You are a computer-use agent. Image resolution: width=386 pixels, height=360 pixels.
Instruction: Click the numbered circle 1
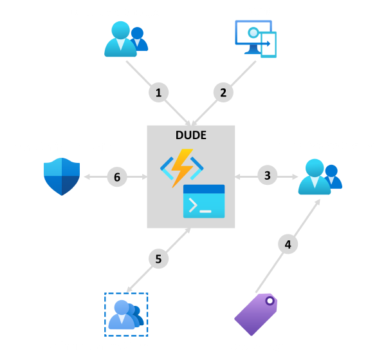[x=158, y=92]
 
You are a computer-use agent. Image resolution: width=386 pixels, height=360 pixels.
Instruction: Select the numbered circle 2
[x=223, y=92]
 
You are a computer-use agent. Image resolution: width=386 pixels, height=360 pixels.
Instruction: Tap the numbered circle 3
[x=268, y=175]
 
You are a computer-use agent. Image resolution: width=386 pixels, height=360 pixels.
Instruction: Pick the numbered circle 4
[x=288, y=244]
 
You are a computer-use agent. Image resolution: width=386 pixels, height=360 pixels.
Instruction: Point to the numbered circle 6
[x=116, y=175]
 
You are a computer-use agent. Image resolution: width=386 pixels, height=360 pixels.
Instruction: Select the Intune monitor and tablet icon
[x=255, y=38]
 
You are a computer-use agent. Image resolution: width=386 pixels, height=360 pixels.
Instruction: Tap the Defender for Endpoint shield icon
[x=62, y=176]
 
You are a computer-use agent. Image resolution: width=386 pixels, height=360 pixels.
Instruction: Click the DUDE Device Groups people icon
[x=319, y=176]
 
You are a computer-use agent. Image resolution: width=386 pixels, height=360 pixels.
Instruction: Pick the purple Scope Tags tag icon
[x=256, y=314]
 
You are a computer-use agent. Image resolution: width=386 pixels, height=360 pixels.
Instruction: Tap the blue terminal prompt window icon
[x=204, y=201]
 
